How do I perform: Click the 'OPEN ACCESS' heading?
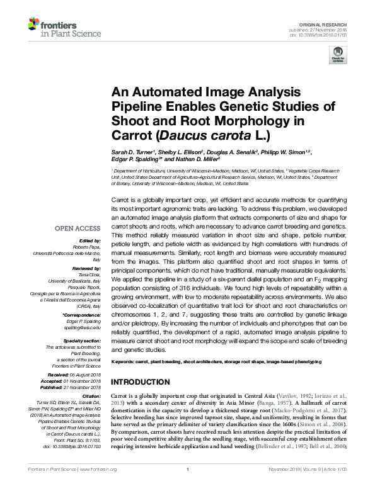81,229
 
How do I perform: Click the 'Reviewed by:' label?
86,267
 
